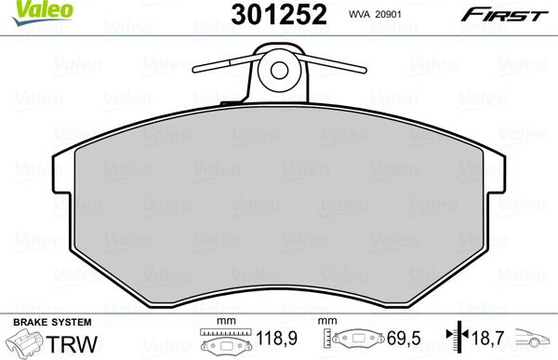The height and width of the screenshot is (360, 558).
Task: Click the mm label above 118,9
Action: coord(222,322)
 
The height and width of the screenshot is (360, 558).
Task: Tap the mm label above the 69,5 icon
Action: coord(326,322)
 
